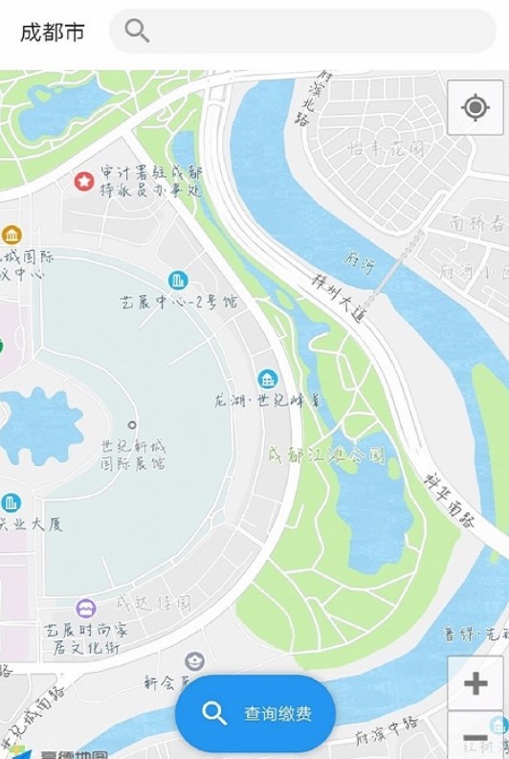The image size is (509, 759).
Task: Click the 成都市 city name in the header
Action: (x=53, y=33)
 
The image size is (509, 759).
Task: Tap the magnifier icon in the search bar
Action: (x=137, y=31)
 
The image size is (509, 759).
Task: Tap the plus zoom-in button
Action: (x=476, y=683)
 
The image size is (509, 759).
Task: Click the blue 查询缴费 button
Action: (x=255, y=713)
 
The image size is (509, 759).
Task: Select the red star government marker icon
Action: (x=84, y=179)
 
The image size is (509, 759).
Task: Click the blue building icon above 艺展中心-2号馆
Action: (x=178, y=279)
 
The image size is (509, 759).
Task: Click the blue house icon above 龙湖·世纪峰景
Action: (x=268, y=377)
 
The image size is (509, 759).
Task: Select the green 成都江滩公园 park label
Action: (x=326, y=455)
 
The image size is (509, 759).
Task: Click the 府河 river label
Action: (x=361, y=261)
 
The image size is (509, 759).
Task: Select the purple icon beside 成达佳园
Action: (x=86, y=608)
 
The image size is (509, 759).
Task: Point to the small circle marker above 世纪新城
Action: (x=132, y=424)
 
